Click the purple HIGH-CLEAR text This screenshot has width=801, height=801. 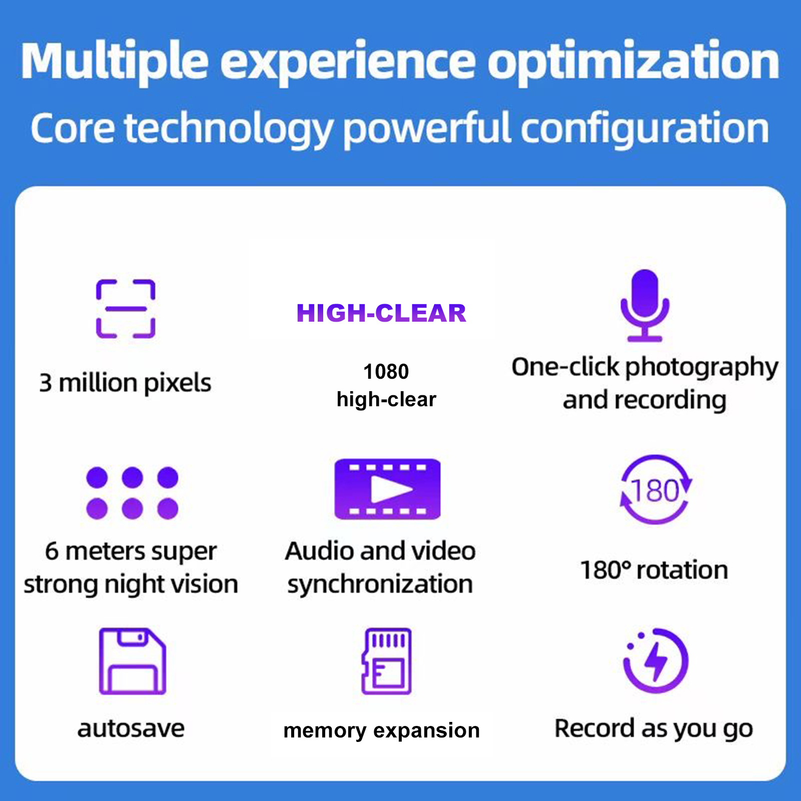click(381, 314)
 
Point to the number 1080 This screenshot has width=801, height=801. click(386, 372)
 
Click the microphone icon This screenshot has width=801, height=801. click(645, 306)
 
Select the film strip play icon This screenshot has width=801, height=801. click(387, 489)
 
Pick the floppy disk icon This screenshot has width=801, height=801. click(132, 661)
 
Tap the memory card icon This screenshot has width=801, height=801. click(386, 661)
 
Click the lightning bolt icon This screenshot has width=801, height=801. click(656, 660)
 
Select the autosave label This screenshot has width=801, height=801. click(131, 729)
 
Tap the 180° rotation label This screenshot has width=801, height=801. click(654, 570)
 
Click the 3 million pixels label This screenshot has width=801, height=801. click(125, 383)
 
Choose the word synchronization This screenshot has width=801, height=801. click(380, 584)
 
